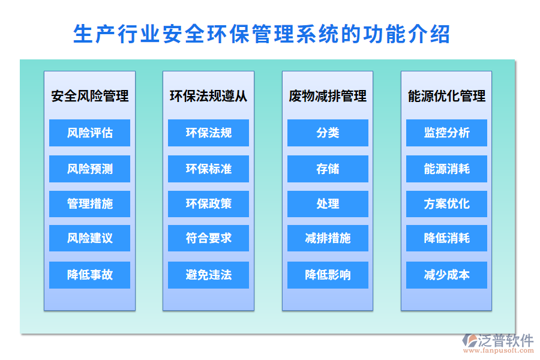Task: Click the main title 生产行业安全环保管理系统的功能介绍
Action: (x=261, y=34)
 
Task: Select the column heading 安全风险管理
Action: (x=89, y=96)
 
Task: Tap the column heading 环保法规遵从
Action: (x=208, y=96)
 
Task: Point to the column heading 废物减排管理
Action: (x=328, y=96)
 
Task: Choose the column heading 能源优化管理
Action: (x=446, y=96)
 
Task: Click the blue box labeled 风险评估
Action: (x=89, y=133)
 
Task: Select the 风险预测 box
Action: (x=89, y=169)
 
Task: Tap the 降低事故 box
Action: (x=89, y=275)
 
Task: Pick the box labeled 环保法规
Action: (x=208, y=133)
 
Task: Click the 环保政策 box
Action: (x=208, y=204)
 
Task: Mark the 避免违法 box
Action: (x=208, y=275)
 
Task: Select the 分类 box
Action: (x=328, y=133)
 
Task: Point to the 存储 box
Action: (x=328, y=169)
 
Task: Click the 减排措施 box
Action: (x=328, y=238)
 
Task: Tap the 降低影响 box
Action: (x=328, y=275)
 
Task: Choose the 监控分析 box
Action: (x=446, y=133)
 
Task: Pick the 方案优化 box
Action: (x=446, y=204)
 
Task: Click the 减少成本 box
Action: (x=446, y=275)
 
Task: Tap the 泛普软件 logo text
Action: (x=505, y=340)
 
